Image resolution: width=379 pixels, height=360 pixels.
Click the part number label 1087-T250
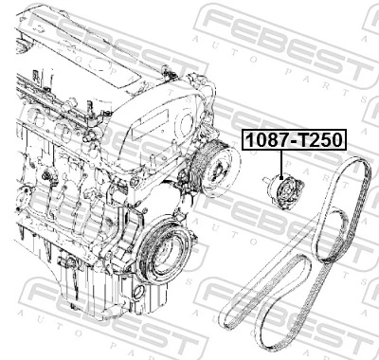pyautogui.click(x=294, y=141)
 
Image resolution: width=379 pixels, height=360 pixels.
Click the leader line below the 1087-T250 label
pyautogui.click(x=281, y=163)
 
